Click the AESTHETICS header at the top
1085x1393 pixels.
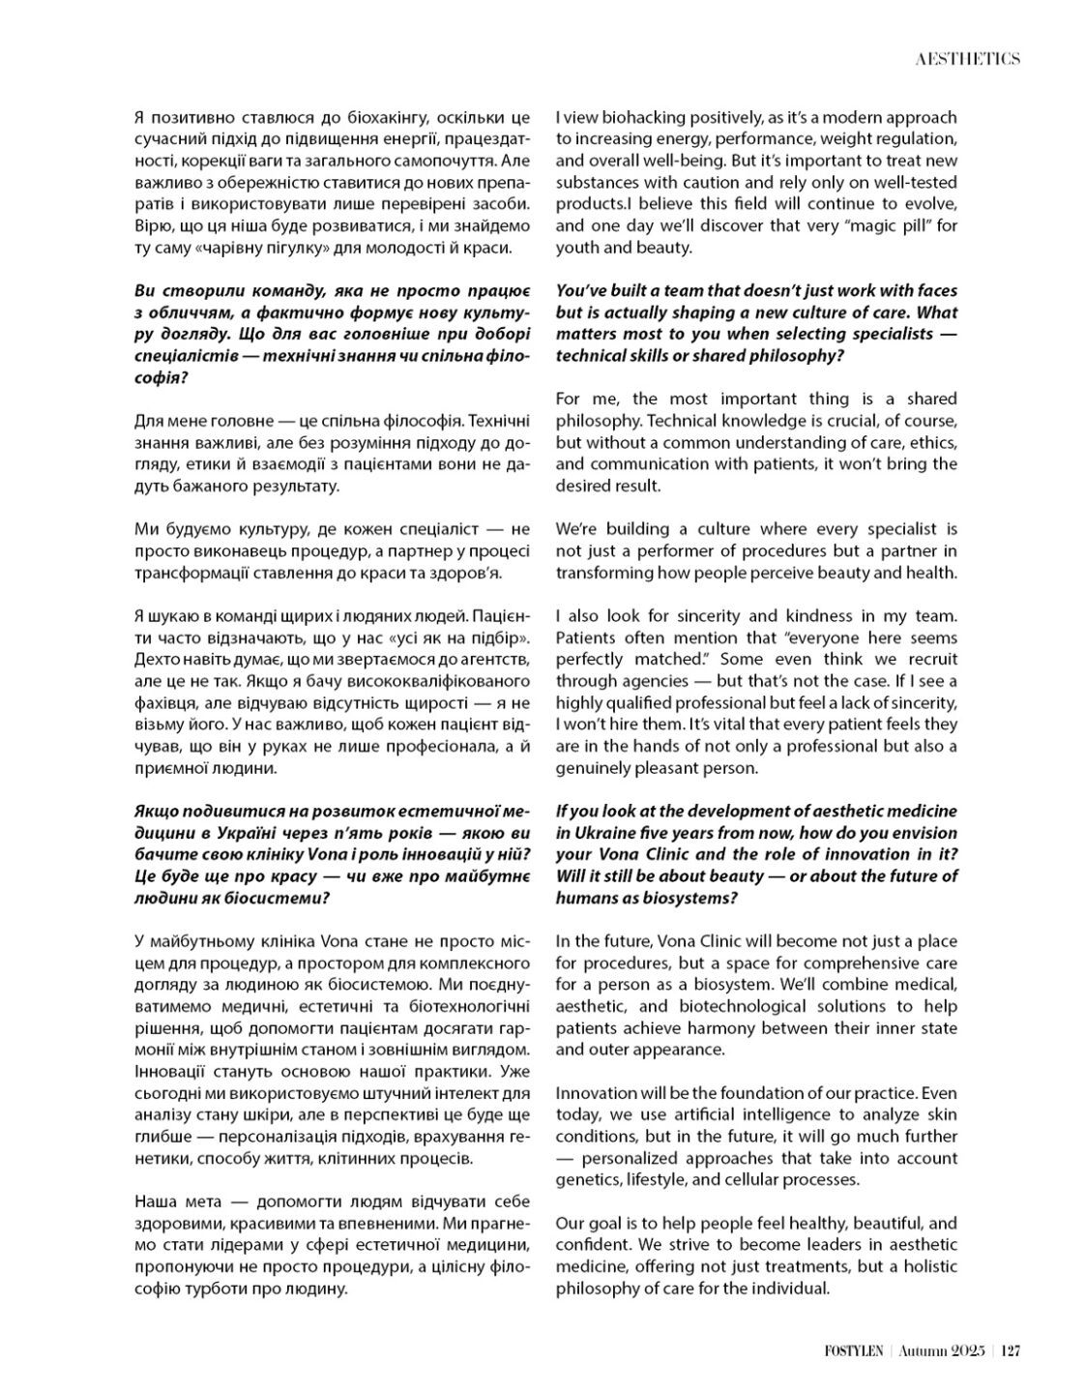pyautogui.click(x=967, y=59)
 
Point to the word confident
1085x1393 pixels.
pyautogui.click(x=594, y=1245)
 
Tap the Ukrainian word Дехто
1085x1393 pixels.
pyautogui.click(x=155, y=660)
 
